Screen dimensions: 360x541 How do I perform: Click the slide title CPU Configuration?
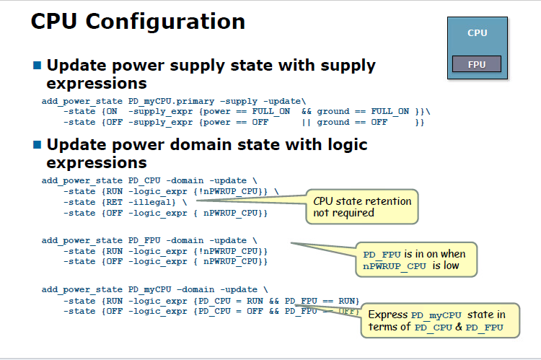tap(138, 22)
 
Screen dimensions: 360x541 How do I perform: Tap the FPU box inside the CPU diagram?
tap(476, 64)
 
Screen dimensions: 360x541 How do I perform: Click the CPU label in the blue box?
tap(477, 32)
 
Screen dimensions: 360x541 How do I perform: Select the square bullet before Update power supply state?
tap(38, 65)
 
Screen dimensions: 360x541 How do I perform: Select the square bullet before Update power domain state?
tap(38, 145)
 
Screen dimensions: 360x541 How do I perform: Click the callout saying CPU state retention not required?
tap(361, 206)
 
